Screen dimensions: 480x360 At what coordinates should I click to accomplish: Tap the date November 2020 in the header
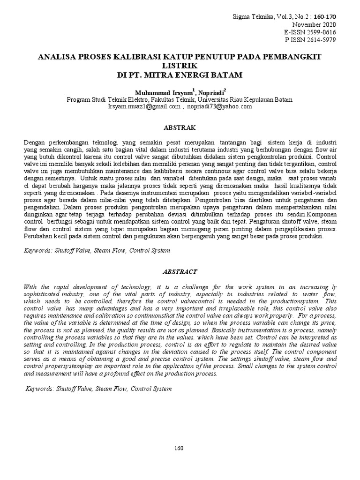(x=314, y=24)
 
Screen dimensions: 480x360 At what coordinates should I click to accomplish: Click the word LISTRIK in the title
(x=180, y=66)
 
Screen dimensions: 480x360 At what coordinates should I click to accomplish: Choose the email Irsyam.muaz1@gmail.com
(x=144, y=106)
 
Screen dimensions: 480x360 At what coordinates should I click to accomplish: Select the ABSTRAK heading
(x=180, y=127)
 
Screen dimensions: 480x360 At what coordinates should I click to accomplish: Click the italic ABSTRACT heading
(x=180, y=271)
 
